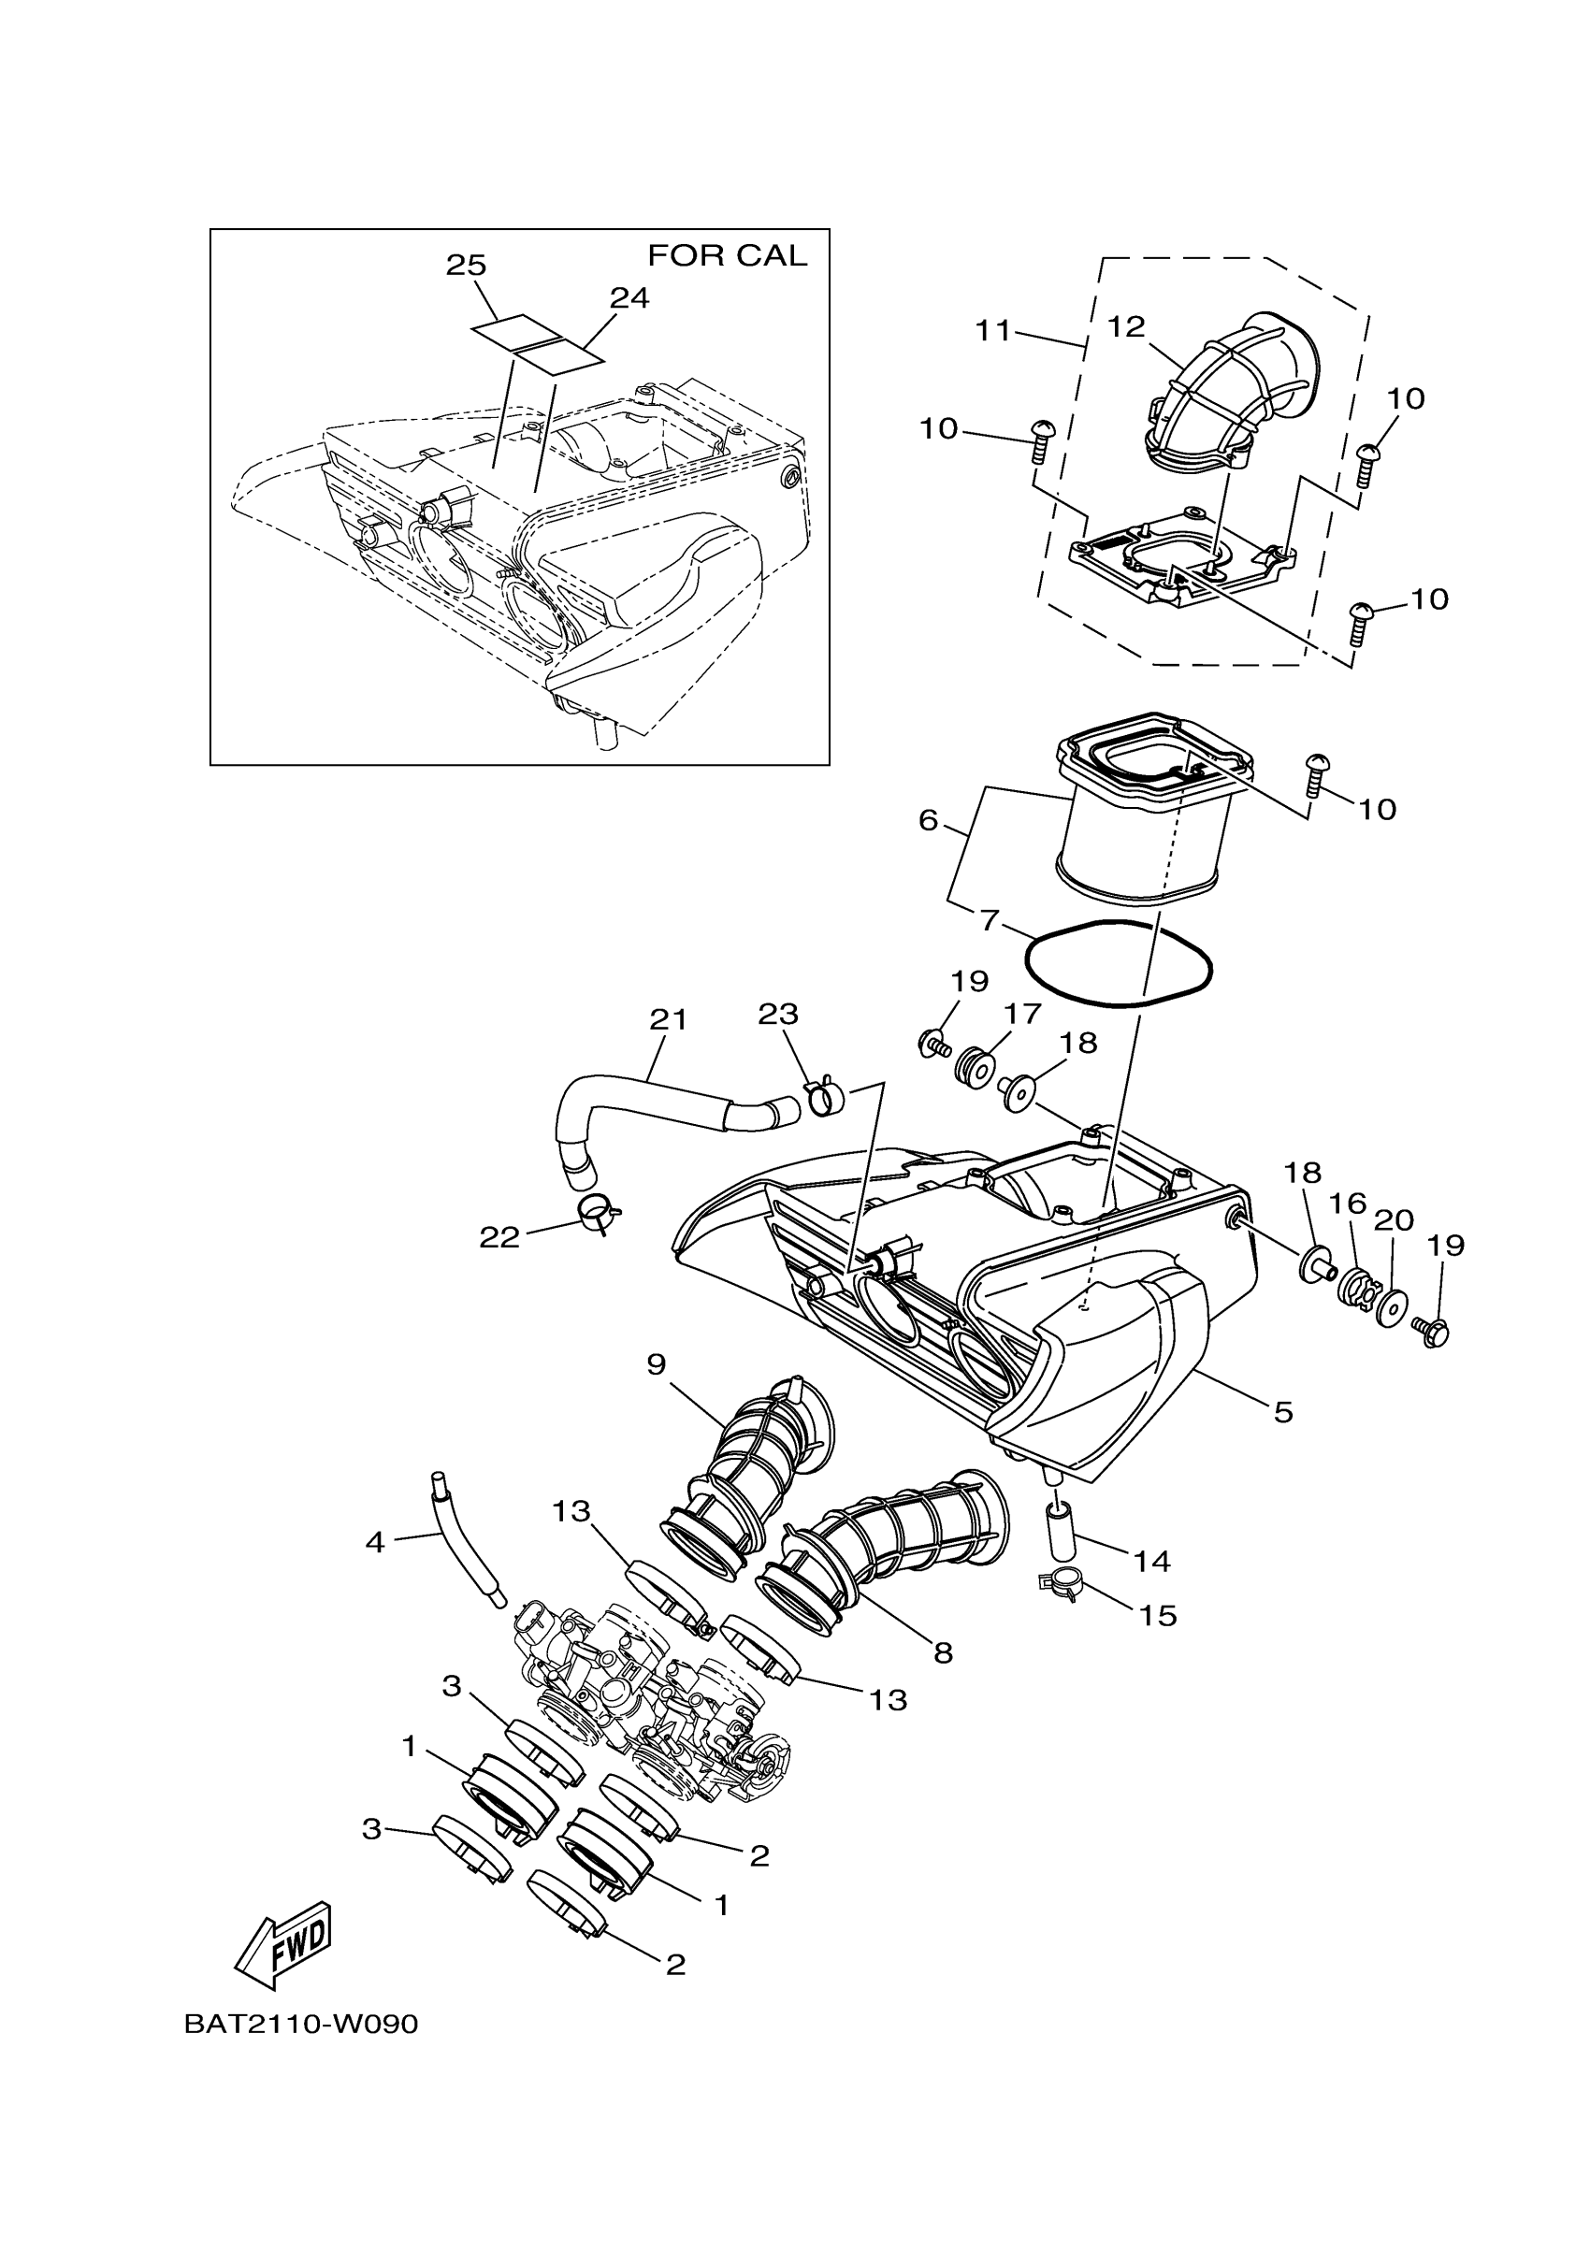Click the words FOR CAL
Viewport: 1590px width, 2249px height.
727,255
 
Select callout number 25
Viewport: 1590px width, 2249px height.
467,265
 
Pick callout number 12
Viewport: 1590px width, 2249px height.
1126,326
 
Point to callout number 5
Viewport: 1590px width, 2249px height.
1283,1411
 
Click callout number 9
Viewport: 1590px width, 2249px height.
656,1364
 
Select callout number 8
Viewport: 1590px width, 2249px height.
943,1652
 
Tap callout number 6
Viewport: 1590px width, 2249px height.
929,820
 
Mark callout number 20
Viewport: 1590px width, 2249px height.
1393,1220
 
